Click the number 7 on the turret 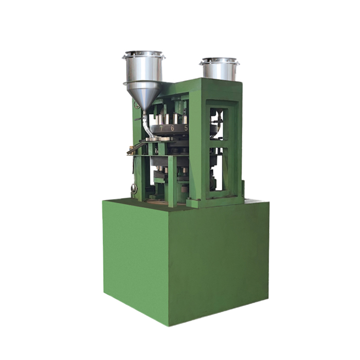click(x=161, y=129)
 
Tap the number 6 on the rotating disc click(x=173, y=128)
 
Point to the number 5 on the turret click(x=186, y=128)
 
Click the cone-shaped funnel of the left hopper click(x=144, y=96)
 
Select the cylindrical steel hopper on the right click(x=219, y=69)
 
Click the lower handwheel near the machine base click(x=134, y=189)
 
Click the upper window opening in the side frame click(x=219, y=124)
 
